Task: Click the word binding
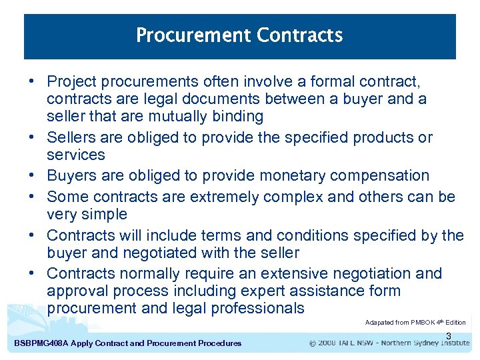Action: click(239, 117)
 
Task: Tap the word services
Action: click(76, 155)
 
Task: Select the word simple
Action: click(104, 214)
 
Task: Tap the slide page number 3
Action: click(449, 336)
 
